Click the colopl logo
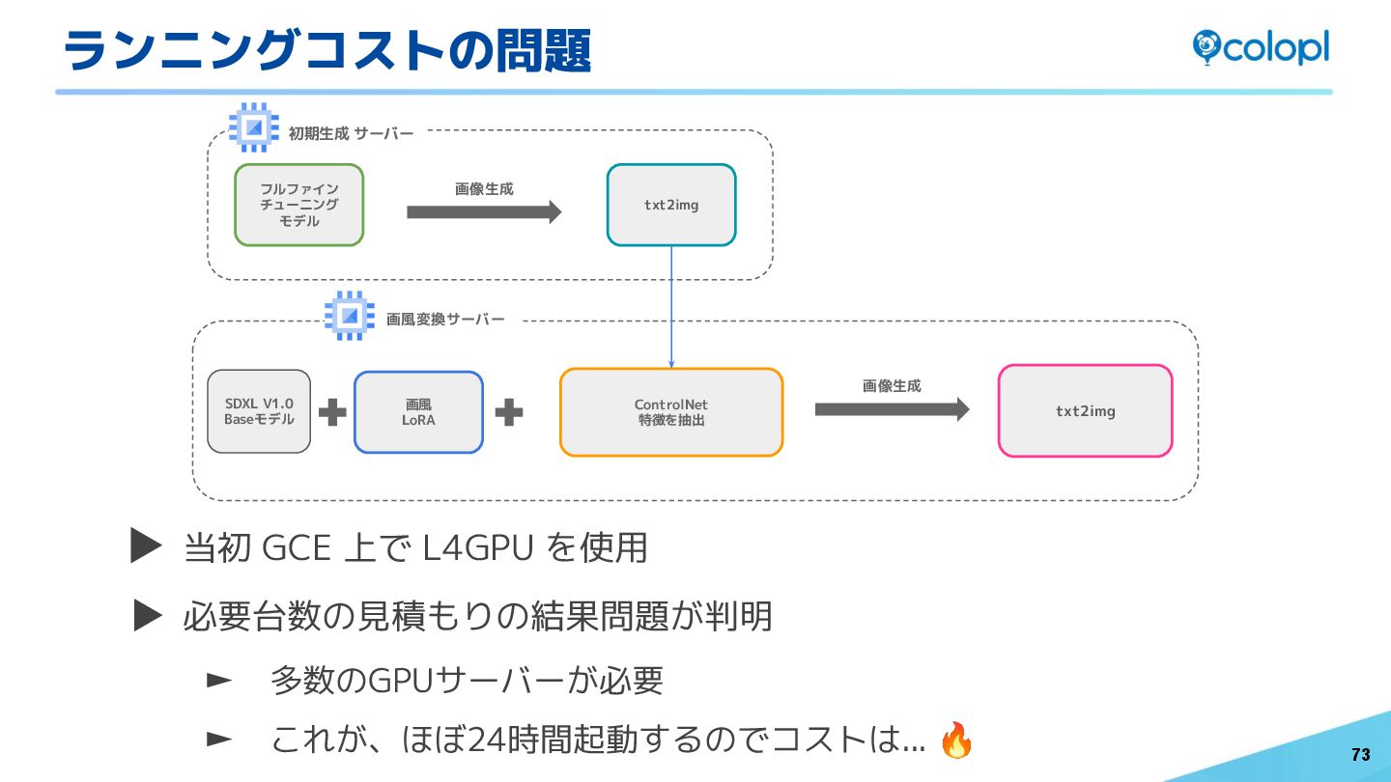[x=1260, y=47]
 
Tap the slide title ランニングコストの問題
[x=326, y=50]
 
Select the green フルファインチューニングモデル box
[x=299, y=205]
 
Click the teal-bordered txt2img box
[x=671, y=205]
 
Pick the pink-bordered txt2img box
[x=1085, y=410]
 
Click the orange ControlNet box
[x=671, y=412]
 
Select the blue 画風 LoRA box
[x=418, y=412]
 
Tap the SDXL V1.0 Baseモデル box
[x=259, y=411]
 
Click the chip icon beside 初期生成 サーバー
[x=254, y=127]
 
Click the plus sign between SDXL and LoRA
[x=332, y=413]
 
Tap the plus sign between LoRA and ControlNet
[x=509, y=413]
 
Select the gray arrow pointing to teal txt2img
[x=483, y=212]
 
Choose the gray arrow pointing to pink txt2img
[x=891, y=409]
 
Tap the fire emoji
[x=956, y=740]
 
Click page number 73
[x=1360, y=755]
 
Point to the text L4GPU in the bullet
[x=479, y=548]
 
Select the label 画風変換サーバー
[x=445, y=319]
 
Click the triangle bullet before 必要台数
[x=148, y=614]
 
